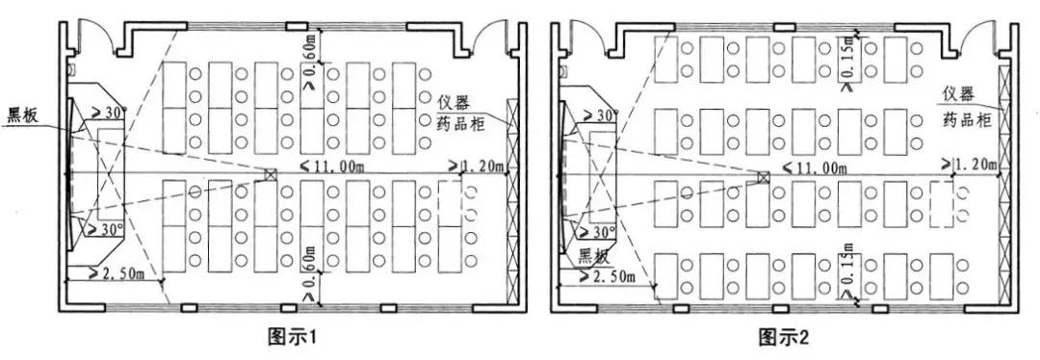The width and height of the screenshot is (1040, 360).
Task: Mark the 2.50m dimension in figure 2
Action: coord(606,277)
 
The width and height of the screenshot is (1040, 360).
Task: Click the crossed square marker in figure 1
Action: coord(272,175)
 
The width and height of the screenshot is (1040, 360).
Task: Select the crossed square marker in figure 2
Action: coord(763,177)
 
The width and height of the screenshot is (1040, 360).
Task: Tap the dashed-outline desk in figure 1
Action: coord(449,204)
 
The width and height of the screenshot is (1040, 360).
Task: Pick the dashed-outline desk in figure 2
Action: coord(943,204)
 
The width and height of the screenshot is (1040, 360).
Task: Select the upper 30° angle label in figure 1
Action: coord(109,114)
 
